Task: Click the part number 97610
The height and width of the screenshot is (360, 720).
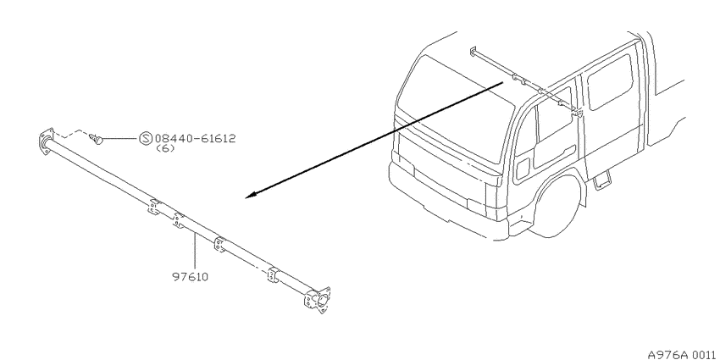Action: point(190,277)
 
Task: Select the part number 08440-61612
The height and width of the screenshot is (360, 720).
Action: point(195,138)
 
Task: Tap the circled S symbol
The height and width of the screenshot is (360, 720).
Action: point(145,138)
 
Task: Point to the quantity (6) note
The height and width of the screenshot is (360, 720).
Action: point(166,148)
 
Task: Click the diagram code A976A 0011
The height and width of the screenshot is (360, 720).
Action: point(681,354)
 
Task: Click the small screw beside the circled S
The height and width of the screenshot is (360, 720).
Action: point(97,139)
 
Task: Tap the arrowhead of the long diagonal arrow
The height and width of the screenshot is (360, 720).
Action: point(251,196)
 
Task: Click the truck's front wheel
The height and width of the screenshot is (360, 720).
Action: point(557,207)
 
